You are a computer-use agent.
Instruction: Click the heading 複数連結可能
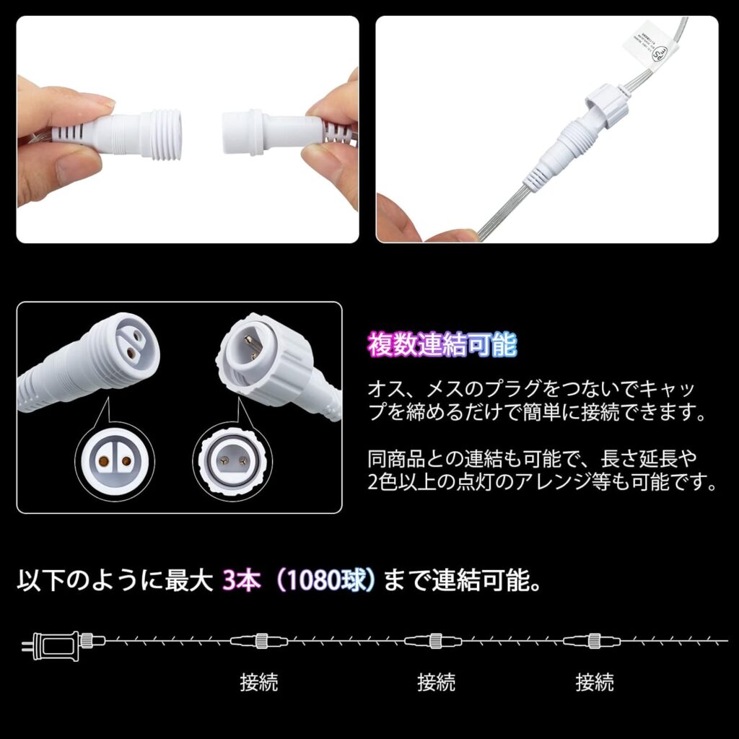click(442, 345)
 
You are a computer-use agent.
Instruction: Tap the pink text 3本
click(240, 581)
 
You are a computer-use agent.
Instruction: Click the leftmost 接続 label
click(259, 681)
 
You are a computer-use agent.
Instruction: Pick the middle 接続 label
click(436, 681)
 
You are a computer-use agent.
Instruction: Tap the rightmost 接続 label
click(595, 681)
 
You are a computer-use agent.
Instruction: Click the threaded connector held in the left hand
click(144, 133)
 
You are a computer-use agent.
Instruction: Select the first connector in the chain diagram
click(258, 640)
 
